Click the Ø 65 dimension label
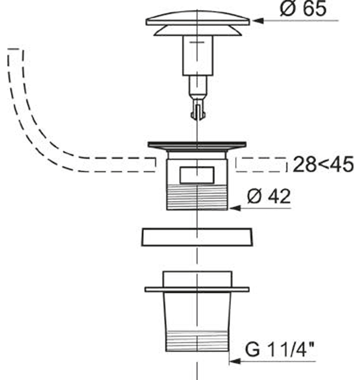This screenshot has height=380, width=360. point(303,9)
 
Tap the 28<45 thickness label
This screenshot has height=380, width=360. point(323,164)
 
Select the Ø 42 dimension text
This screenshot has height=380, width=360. point(269,196)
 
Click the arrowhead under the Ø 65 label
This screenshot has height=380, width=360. point(258,21)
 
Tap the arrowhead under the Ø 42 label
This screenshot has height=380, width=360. point(235,208)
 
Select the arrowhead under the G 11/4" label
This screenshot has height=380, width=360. point(235,361)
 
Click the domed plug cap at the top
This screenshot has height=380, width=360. point(197,18)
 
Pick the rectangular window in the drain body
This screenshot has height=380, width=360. point(197,175)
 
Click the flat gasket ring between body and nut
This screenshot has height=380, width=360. point(197,237)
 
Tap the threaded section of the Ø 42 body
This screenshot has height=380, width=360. point(197,197)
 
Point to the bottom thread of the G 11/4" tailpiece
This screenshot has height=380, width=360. point(197,341)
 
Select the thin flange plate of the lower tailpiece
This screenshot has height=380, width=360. point(197,289)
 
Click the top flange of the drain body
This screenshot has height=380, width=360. point(197,146)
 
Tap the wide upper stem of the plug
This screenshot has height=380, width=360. point(198,55)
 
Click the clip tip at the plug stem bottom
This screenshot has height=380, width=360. point(198,111)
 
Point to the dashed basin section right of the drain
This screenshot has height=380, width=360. point(261,164)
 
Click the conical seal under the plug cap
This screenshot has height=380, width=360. point(198,31)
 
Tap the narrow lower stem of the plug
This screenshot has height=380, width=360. point(198,86)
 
